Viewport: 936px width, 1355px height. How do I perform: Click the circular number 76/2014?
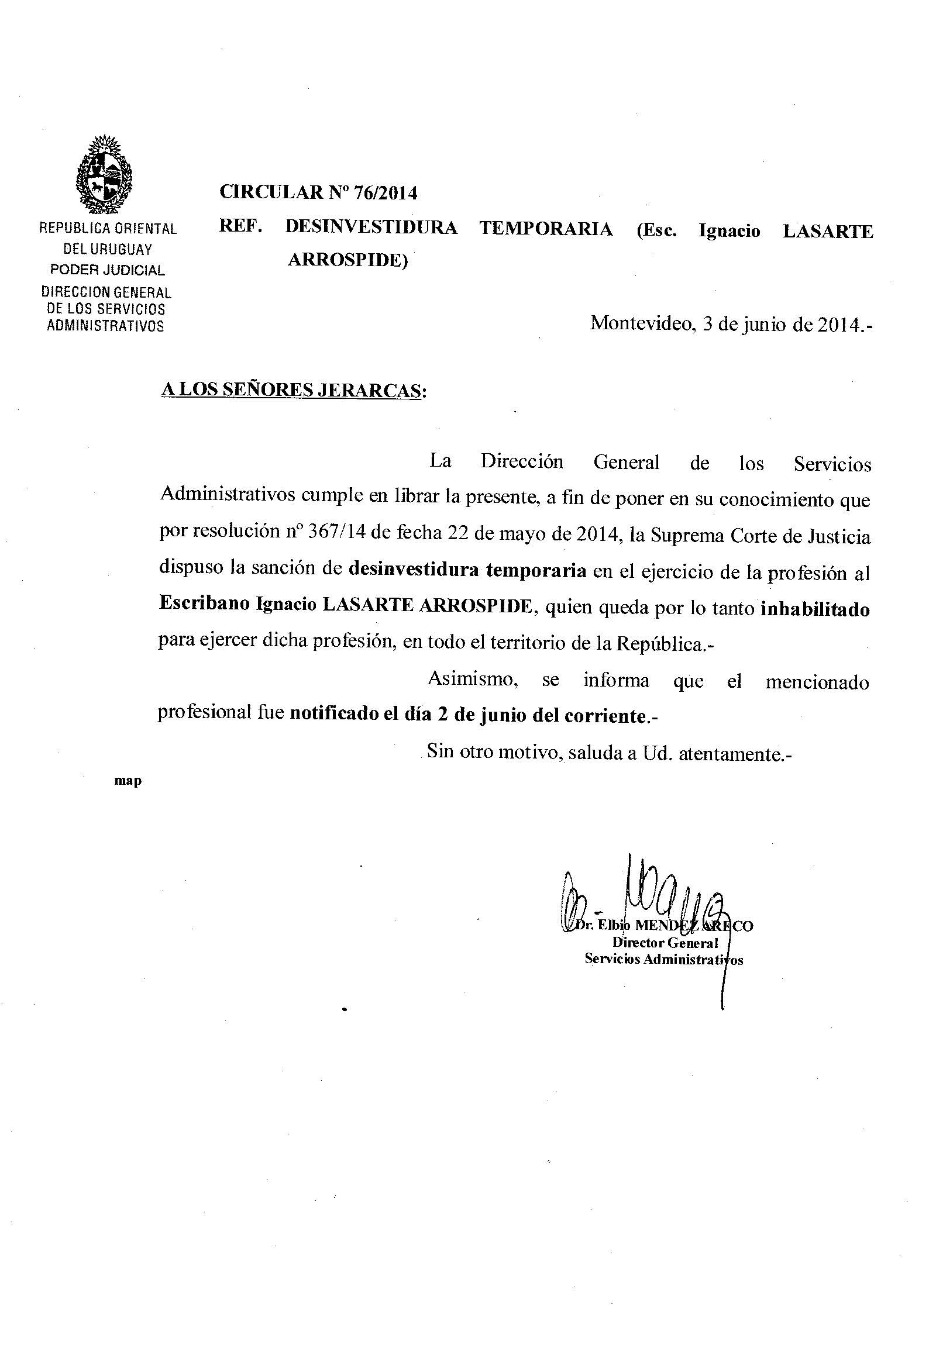tap(390, 193)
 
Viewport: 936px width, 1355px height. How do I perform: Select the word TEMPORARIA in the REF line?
tap(546, 229)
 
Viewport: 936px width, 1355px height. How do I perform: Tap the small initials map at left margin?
tap(128, 781)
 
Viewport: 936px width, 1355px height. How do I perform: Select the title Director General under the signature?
tap(665, 943)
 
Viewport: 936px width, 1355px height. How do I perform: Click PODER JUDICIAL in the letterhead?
tap(107, 270)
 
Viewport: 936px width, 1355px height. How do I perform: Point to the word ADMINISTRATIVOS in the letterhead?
tap(105, 326)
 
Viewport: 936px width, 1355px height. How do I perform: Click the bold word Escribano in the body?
tap(205, 604)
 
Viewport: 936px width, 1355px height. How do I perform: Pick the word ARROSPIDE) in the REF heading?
tap(347, 260)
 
